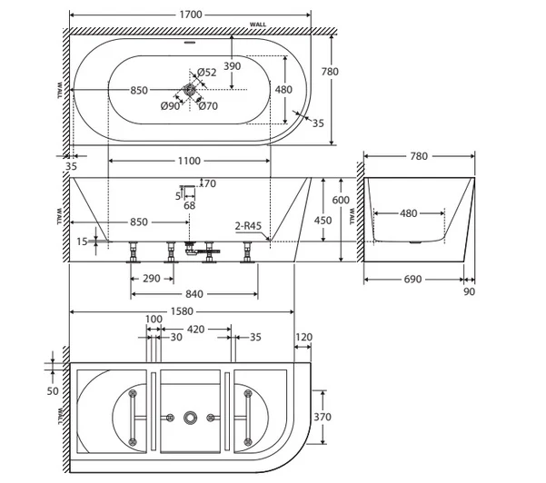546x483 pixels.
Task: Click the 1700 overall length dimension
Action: click(191, 15)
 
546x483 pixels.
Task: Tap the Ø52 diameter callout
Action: click(206, 73)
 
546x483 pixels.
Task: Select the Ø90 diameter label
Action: click(170, 106)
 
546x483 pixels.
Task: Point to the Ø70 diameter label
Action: click(208, 106)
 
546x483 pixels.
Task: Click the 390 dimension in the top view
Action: click(233, 65)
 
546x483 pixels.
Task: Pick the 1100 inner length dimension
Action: click(189, 161)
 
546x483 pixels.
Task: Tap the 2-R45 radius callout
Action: click(248, 226)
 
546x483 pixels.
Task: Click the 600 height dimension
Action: click(341, 200)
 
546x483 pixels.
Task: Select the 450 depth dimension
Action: click(323, 221)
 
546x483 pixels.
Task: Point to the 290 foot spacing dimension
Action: click(152, 279)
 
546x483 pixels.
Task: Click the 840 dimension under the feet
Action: click(194, 294)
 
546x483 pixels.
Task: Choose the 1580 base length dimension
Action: click(182, 311)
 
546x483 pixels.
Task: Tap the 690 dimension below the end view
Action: click(412, 280)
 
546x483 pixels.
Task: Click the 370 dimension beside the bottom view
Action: click(323, 417)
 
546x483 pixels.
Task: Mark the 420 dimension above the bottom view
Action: click(195, 330)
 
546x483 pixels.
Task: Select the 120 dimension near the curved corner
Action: click(304, 337)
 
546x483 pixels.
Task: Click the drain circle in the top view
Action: click(190, 90)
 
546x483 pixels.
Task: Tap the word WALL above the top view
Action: click(258, 25)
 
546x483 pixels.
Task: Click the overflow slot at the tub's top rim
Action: click(191, 43)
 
